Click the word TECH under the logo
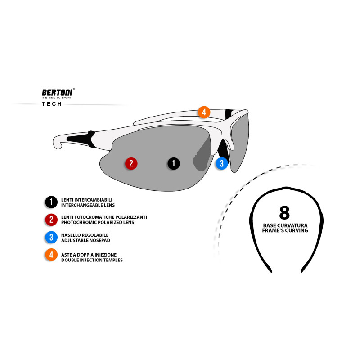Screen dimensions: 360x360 [x=52, y=104]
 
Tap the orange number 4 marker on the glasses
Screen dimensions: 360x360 [x=204, y=112]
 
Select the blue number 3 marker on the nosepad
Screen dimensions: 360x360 [x=221, y=163]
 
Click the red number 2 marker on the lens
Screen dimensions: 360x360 [x=131, y=163]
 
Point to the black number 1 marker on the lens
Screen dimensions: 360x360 [x=174, y=163]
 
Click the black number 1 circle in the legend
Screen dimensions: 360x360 [x=51, y=202]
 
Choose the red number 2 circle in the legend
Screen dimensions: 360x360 [x=51, y=220]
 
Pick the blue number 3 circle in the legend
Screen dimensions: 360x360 [x=51, y=238]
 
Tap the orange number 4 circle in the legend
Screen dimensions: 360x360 [x=51, y=255]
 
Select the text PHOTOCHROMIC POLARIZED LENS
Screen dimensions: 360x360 [x=98, y=222]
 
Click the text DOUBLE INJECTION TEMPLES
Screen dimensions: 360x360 [x=92, y=260]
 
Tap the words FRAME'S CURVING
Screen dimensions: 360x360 [x=286, y=230]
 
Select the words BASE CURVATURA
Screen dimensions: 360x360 [x=286, y=225]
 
